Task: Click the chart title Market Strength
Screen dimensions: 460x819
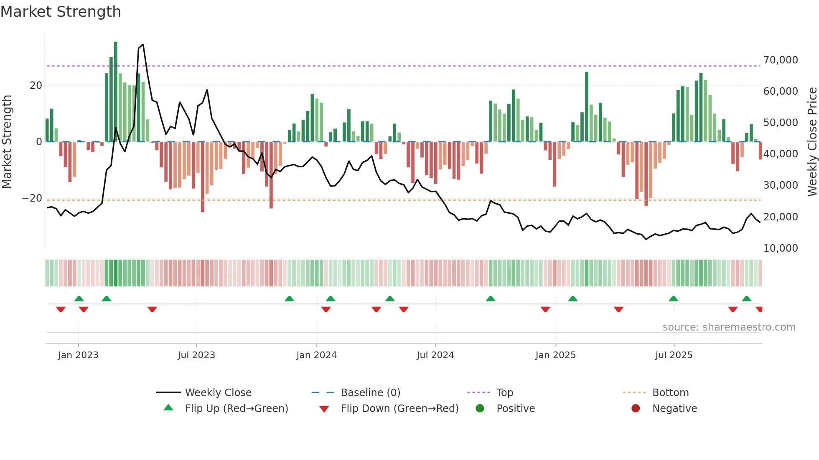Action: click(61, 12)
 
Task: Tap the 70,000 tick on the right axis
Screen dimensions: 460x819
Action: click(780, 60)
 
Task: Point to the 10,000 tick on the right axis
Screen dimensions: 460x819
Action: click(780, 248)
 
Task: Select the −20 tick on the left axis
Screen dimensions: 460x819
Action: click(32, 198)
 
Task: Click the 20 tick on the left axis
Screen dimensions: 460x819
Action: click(36, 86)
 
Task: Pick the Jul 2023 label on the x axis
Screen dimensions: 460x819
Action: click(196, 355)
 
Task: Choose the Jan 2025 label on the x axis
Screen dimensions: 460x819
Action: click(555, 355)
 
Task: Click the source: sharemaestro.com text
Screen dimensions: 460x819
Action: click(729, 327)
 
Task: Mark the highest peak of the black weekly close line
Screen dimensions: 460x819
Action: click(143, 44)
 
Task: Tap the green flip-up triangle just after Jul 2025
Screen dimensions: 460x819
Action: click(673, 298)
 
